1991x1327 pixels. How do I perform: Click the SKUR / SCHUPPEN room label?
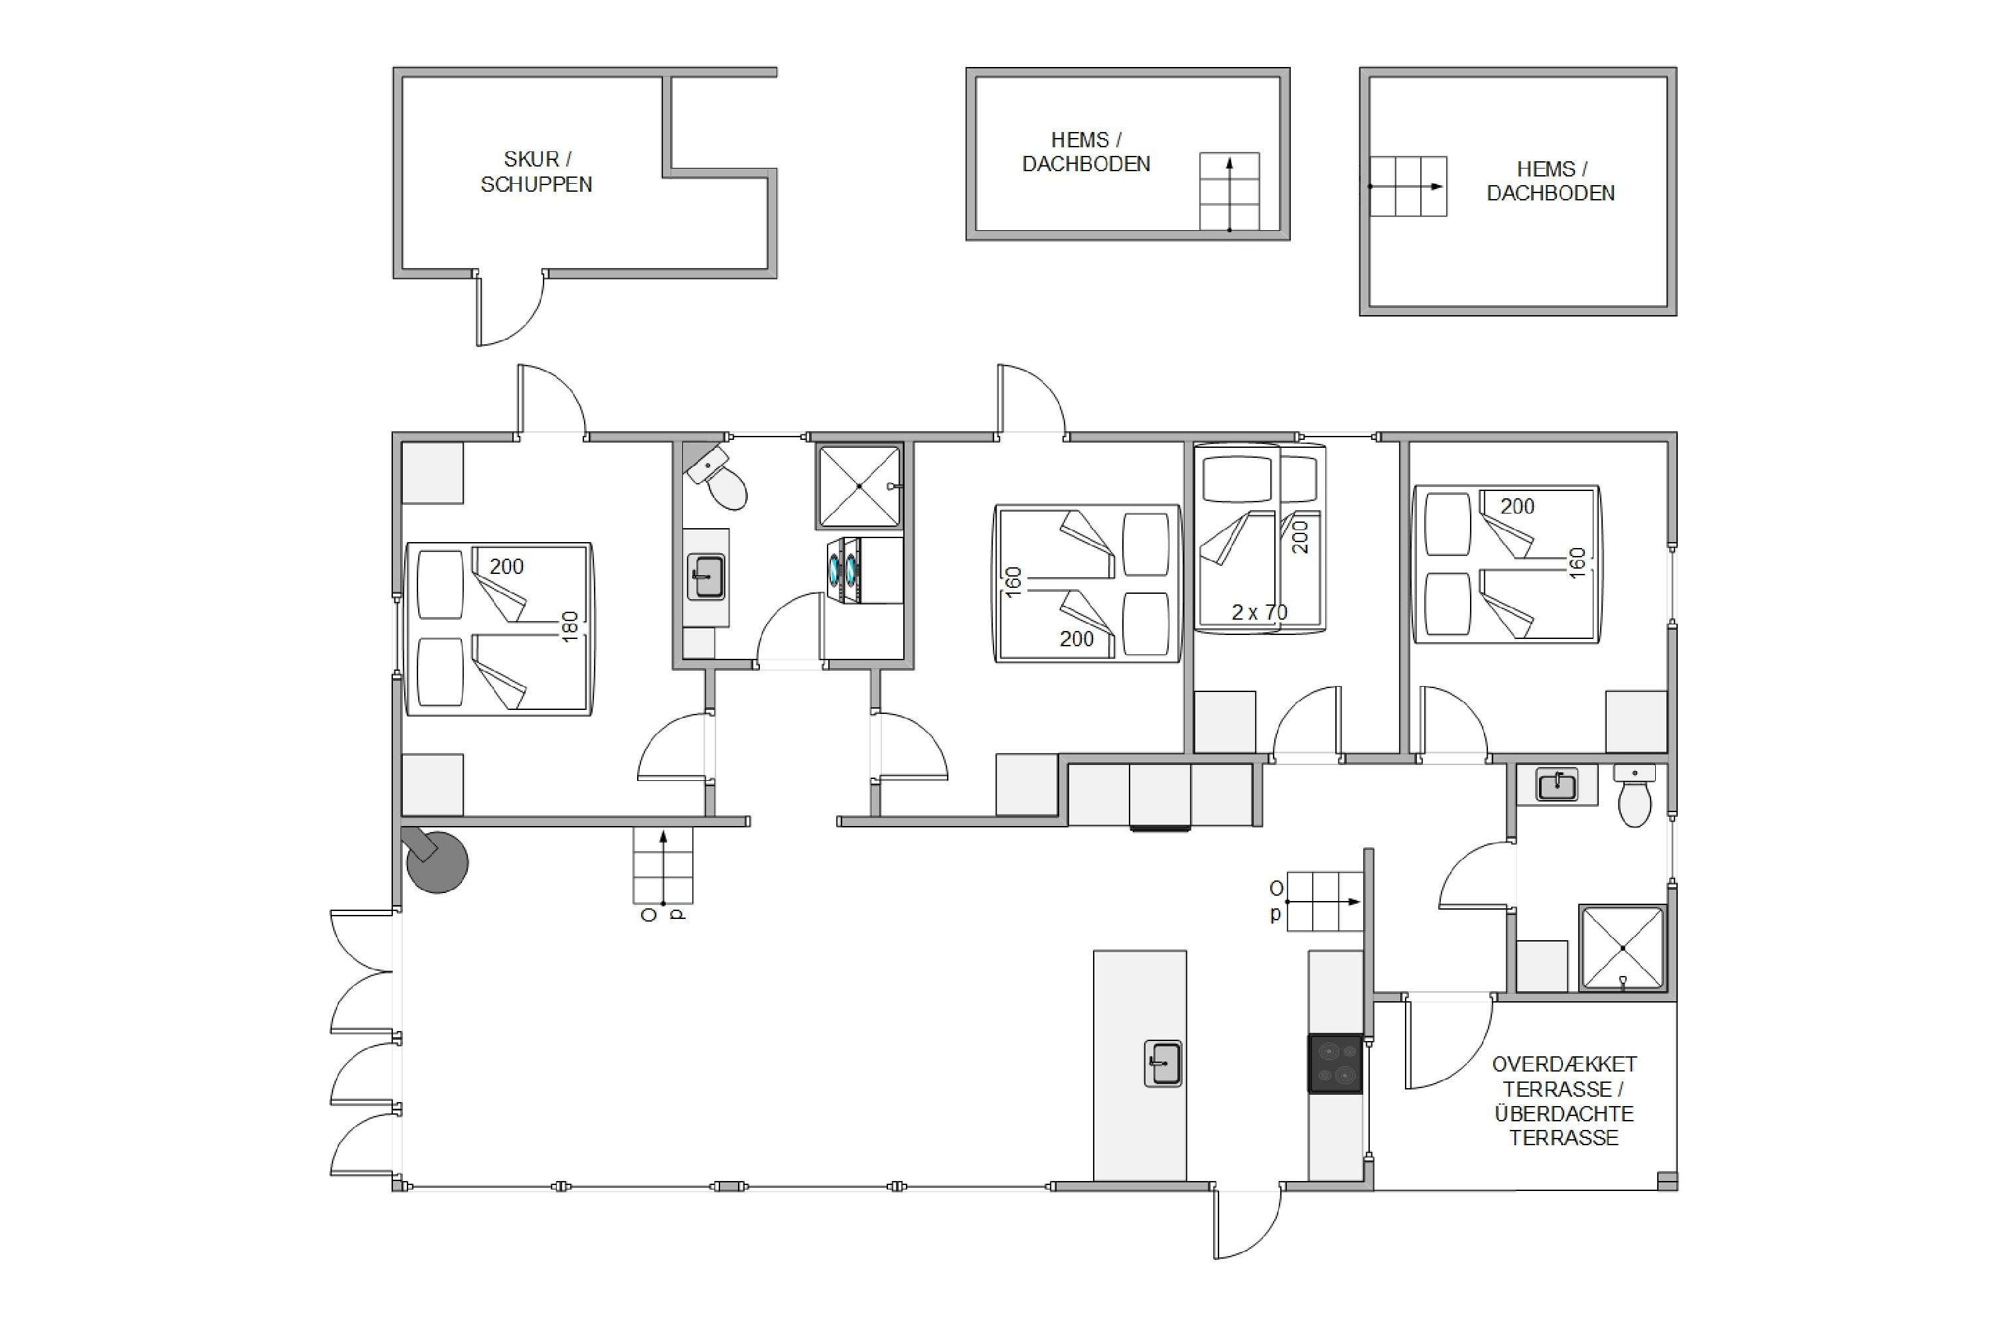[x=537, y=172]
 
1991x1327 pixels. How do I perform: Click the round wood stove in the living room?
[x=435, y=860]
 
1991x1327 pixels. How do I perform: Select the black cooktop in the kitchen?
[x=1335, y=1064]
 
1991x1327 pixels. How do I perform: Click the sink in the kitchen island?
[x=1163, y=1063]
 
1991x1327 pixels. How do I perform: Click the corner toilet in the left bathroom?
[x=716, y=478]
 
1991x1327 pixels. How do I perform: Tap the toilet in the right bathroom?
[x=1634, y=796]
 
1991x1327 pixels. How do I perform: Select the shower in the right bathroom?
[x=1623, y=948]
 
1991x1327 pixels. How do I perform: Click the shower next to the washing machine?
[x=859, y=486]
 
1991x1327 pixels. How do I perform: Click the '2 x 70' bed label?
[x=1259, y=612]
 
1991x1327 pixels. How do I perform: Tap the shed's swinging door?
[x=508, y=311]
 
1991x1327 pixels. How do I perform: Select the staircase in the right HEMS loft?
[x=1408, y=186]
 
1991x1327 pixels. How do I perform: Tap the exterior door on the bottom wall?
[x=1246, y=1223]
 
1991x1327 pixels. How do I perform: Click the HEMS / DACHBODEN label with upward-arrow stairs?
[x=1086, y=151]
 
